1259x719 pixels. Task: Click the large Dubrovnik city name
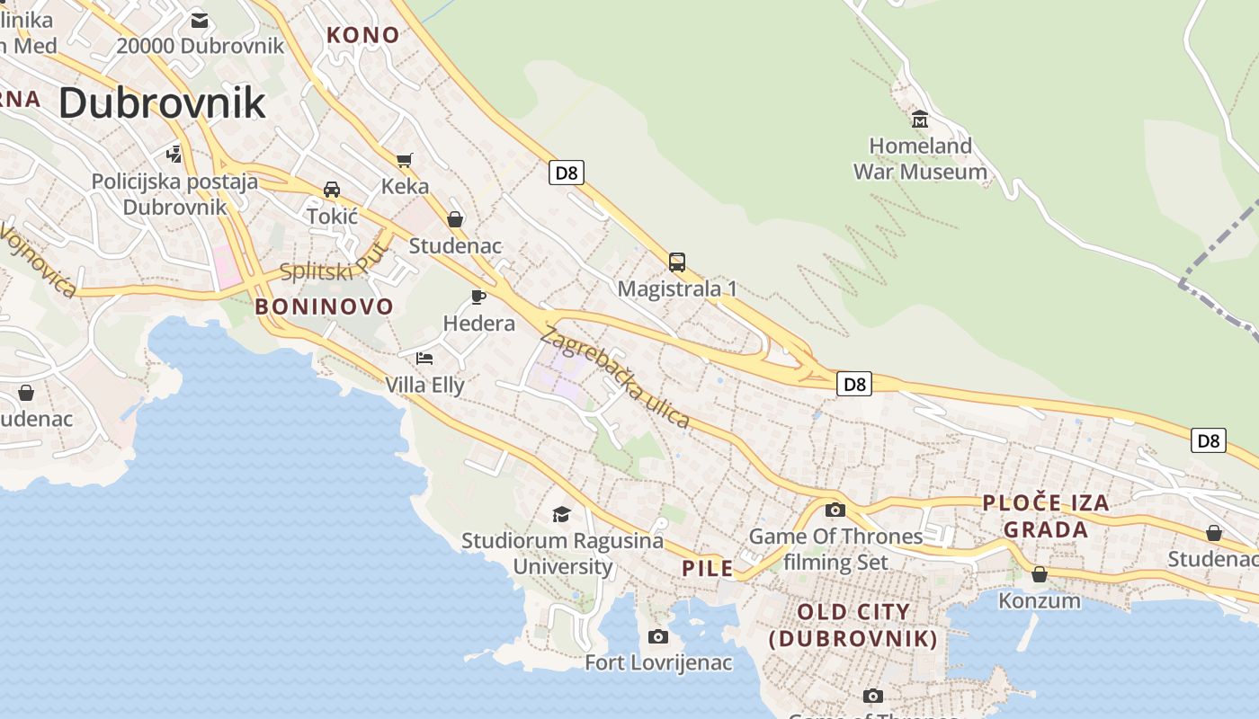tap(162, 103)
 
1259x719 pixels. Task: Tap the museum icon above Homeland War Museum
tap(919, 119)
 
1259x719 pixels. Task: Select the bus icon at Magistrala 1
tap(677, 262)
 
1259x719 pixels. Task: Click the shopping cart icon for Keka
tap(405, 160)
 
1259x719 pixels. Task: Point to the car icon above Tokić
tap(332, 190)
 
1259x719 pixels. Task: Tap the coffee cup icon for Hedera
tap(478, 297)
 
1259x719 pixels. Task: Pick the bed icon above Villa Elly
tap(424, 359)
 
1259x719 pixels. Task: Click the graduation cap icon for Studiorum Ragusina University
tap(562, 514)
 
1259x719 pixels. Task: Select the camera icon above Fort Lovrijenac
tap(658, 636)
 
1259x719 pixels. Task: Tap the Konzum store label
tap(1040, 600)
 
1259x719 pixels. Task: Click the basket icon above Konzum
tap(1040, 574)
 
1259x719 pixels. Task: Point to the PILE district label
tap(707, 568)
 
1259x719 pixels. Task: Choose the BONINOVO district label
tap(324, 306)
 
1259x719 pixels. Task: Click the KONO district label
tap(362, 35)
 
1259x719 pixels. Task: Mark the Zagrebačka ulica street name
tap(615, 377)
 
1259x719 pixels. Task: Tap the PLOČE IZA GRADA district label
tap(1046, 516)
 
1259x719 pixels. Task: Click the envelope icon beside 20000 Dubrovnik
tap(200, 20)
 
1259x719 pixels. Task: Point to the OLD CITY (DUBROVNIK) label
tap(853, 626)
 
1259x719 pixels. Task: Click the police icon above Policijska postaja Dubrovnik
tap(174, 154)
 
